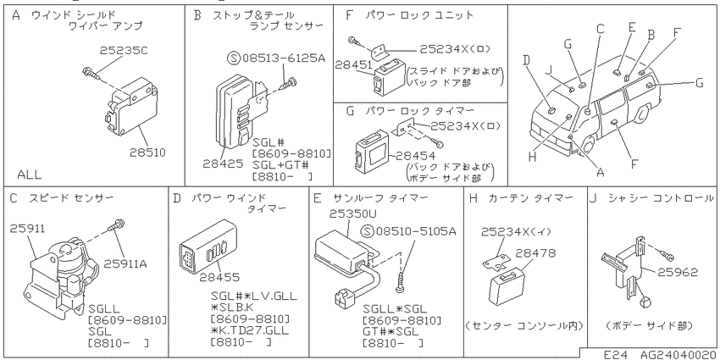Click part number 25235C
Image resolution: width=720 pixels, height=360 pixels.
click(124, 50)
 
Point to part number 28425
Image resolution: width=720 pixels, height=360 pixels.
click(222, 163)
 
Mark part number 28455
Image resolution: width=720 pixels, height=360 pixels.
click(219, 277)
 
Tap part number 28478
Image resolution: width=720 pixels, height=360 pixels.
click(536, 252)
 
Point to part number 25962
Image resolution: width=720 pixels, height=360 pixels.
click(678, 272)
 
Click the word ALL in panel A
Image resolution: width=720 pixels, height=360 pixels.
click(29, 175)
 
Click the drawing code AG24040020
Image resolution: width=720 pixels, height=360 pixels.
click(678, 354)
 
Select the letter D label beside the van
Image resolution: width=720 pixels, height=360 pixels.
click(526, 59)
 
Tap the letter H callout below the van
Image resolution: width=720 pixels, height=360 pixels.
click(532, 157)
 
